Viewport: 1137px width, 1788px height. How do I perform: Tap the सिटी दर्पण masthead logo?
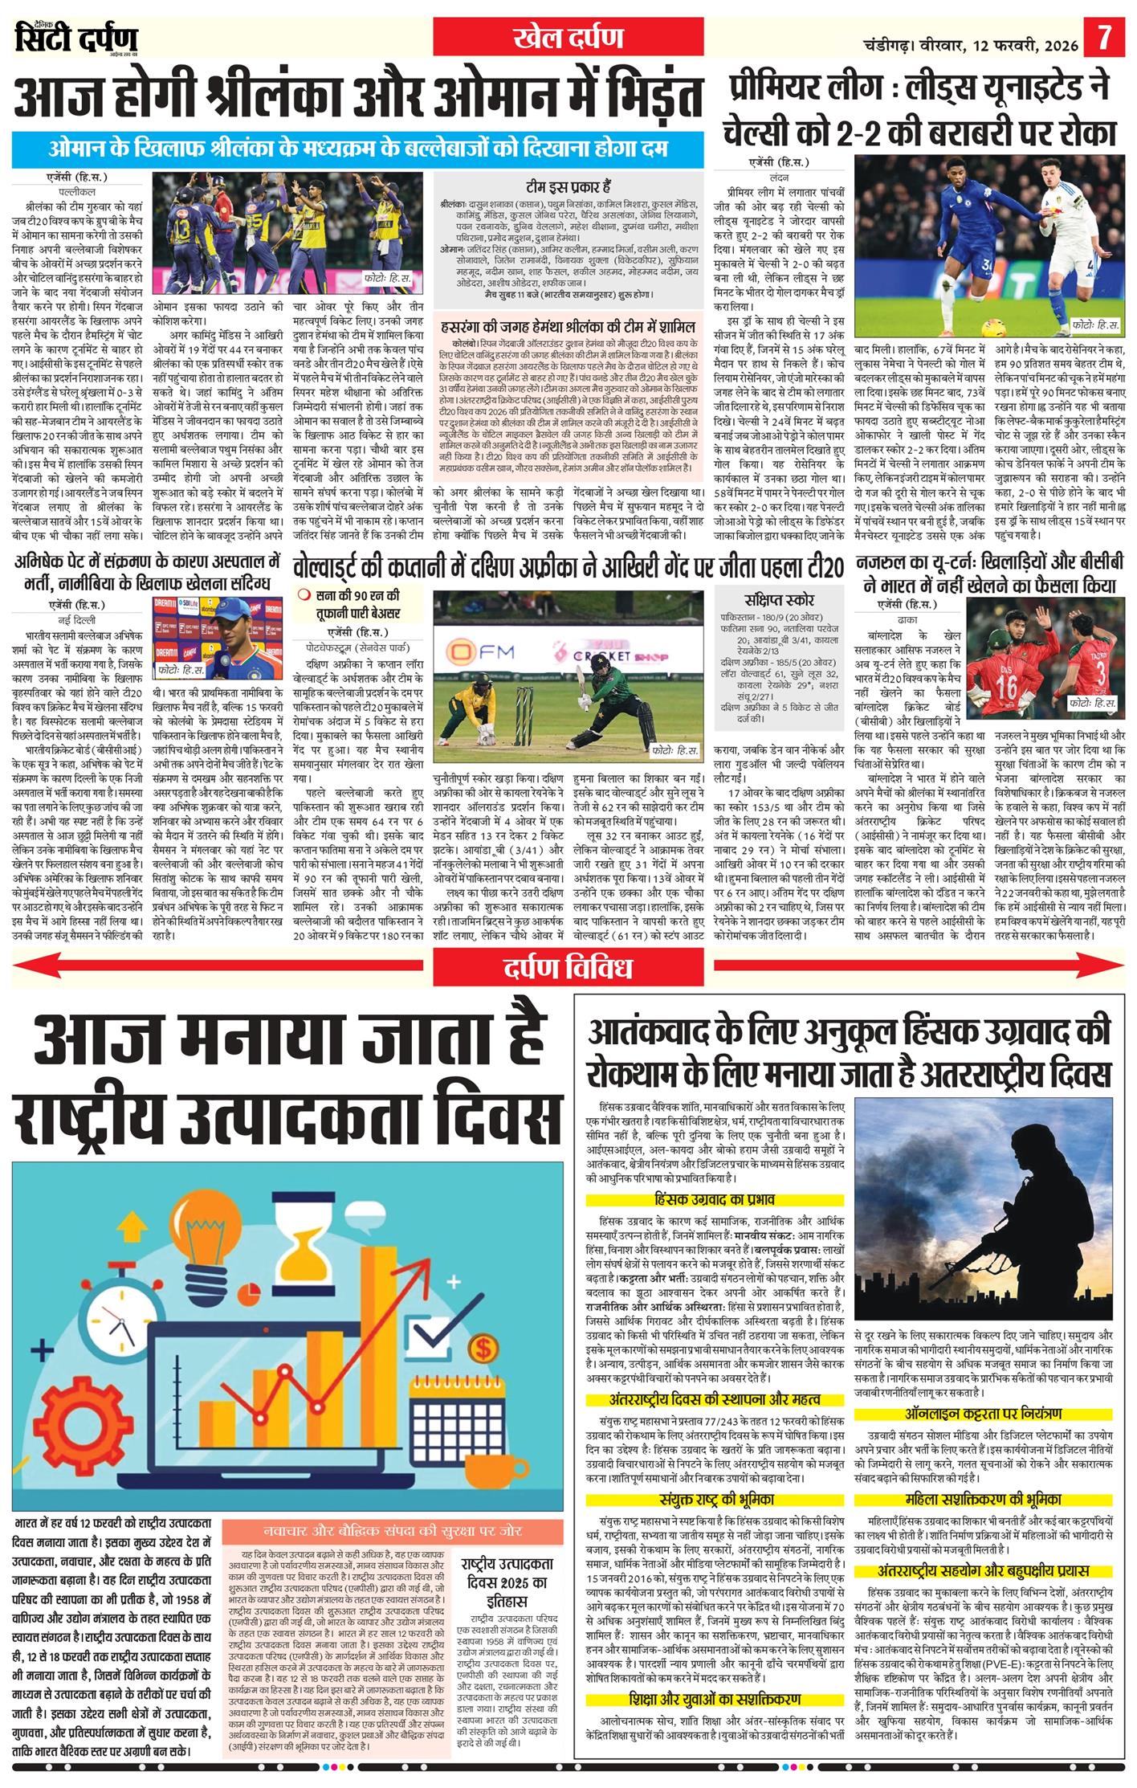76,39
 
